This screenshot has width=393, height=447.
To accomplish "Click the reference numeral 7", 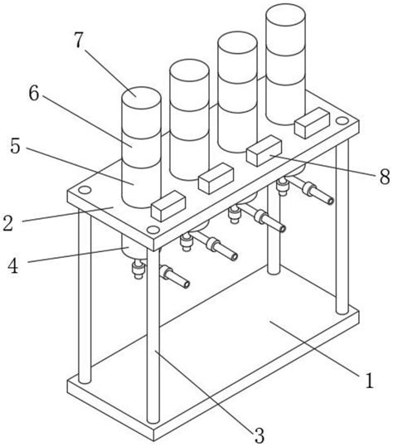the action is (x=80, y=40).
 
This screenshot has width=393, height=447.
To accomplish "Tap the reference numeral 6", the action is (x=34, y=93).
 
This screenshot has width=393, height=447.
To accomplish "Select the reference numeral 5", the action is (x=16, y=146).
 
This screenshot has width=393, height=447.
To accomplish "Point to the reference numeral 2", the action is (x=8, y=222).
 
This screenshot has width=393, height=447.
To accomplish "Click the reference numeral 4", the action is (x=12, y=265).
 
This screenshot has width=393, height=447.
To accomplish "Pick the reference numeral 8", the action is (x=385, y=176).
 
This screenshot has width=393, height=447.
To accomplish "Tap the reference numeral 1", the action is (x=369, y=380).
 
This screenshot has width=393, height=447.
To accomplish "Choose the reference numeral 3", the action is (x=259, y=435).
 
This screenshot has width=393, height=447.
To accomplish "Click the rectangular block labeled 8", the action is (x=264, y=151).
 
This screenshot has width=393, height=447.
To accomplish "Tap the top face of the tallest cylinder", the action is (x=285, y=14).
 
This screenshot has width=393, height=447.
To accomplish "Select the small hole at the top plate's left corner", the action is (x=85, y=190).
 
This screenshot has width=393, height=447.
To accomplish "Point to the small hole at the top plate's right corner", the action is (x=342, y=120).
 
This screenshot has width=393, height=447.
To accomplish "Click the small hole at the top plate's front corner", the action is (x=153, y=229).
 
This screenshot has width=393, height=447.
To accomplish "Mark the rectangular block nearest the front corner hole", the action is (x=168, y=206).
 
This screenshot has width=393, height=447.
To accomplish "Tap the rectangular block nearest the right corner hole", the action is (x=313, y=123).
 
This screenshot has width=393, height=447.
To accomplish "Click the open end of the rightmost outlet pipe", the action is (x=330, y=201).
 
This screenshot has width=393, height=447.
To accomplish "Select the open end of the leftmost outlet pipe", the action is (x=187, y=284).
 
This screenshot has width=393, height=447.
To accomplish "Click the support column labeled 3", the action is (x=153, y=337).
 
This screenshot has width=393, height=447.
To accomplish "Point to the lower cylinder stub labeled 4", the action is (x=134, y=247).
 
